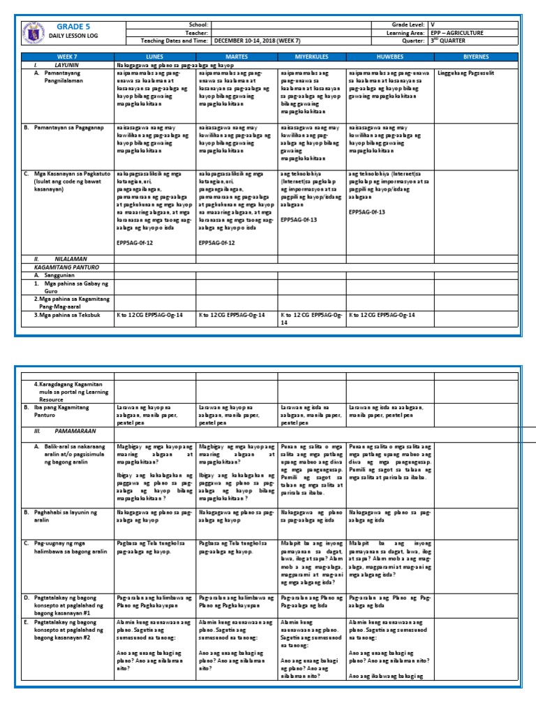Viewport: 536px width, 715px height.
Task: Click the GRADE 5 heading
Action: point(70,27)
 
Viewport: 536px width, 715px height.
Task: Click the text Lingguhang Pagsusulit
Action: point(466,72)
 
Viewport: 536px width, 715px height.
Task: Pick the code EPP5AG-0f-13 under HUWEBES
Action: point(367,212)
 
